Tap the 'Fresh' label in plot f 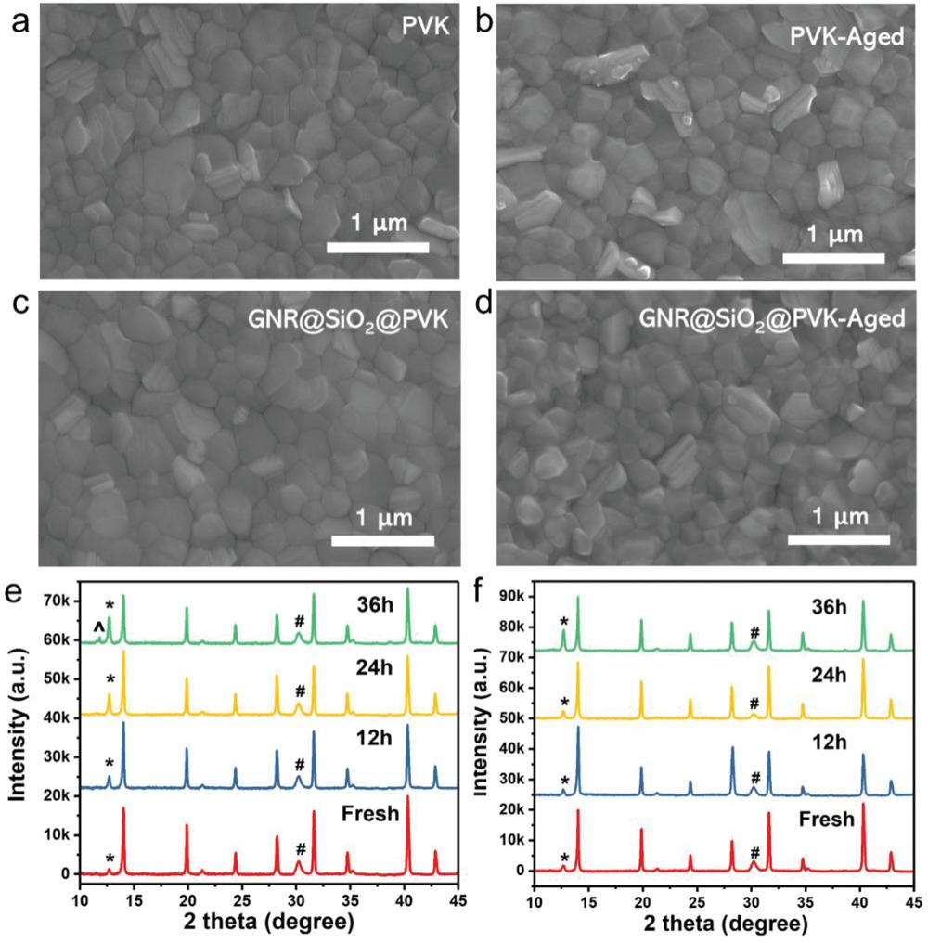(x=827, y=820)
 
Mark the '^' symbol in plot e (x=97, y=629)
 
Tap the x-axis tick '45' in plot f (x=913, y=901)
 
